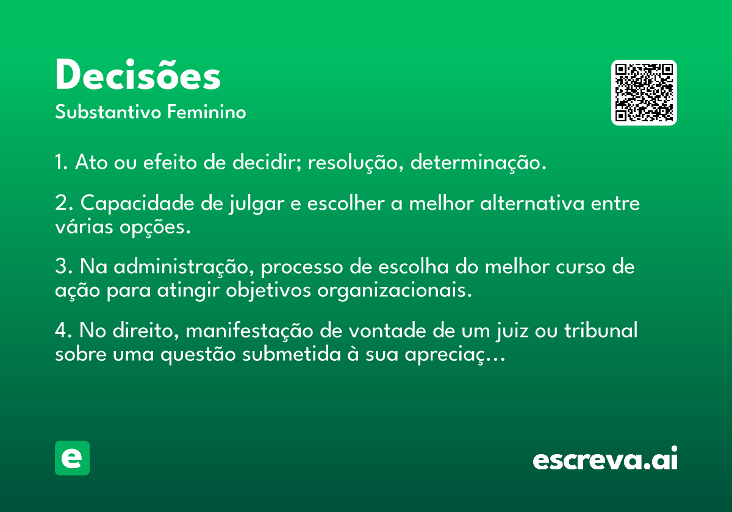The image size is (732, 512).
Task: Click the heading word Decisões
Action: [138, 74]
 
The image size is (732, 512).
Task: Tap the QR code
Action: [644, 93]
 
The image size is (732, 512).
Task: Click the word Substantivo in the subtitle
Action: [108, 112]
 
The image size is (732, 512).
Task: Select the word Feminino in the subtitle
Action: [207, 112]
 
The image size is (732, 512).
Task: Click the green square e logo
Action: [72, 458]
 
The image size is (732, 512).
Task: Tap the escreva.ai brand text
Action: [605, 458]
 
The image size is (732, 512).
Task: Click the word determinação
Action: [478, 162]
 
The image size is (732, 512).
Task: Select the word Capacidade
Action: [137, 204]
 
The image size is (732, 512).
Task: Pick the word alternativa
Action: [532, 203]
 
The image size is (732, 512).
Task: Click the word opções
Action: [155, 227]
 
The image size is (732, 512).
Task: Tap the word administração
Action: [184, 267]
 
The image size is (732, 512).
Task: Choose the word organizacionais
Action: [395, 291]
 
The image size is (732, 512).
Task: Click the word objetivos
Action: [268, 291]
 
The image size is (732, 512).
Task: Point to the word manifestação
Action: [249, 330]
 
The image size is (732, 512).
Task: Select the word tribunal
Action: [601, 330]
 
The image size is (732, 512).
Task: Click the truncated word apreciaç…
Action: [455, 355]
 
